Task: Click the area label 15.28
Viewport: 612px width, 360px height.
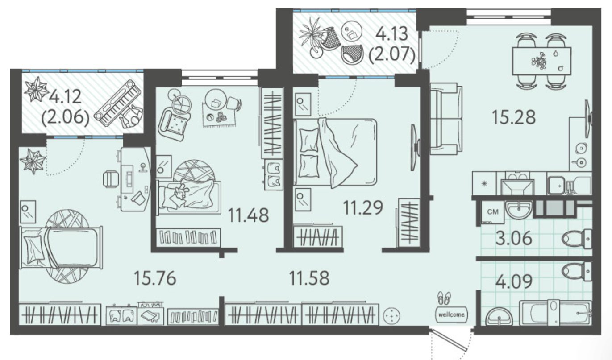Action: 514,117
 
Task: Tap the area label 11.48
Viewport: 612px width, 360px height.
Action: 248,215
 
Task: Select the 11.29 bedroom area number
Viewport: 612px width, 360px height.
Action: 363,207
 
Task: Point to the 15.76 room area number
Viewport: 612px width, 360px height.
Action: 155,278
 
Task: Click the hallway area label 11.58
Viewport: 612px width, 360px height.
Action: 309,278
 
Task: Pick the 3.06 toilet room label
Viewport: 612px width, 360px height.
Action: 514,238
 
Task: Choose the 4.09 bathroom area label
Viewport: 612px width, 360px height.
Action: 514,281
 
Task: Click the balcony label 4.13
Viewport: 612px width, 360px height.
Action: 392,34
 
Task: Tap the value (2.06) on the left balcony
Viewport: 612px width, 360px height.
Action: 65,119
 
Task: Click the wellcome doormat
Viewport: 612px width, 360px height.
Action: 451,314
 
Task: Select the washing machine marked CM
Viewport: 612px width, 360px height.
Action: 493,212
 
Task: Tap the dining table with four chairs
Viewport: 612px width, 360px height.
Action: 541,61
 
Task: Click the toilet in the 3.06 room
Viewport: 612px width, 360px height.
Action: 576,239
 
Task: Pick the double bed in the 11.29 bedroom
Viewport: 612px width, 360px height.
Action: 335,152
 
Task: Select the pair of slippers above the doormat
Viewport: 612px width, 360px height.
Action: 444,298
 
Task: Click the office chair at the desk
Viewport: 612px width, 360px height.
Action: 111,179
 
